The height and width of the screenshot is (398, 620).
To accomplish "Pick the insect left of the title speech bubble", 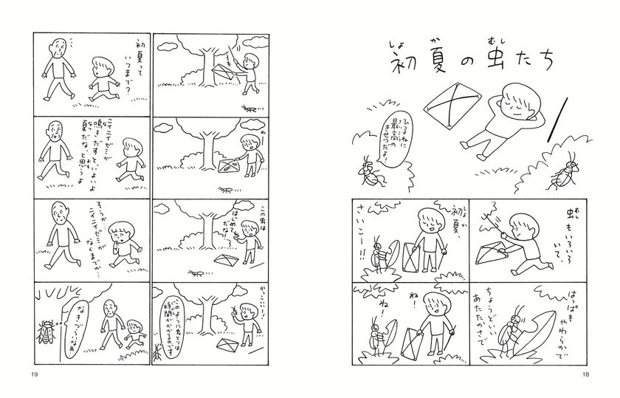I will pyautogui.click(x=368, y=170).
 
